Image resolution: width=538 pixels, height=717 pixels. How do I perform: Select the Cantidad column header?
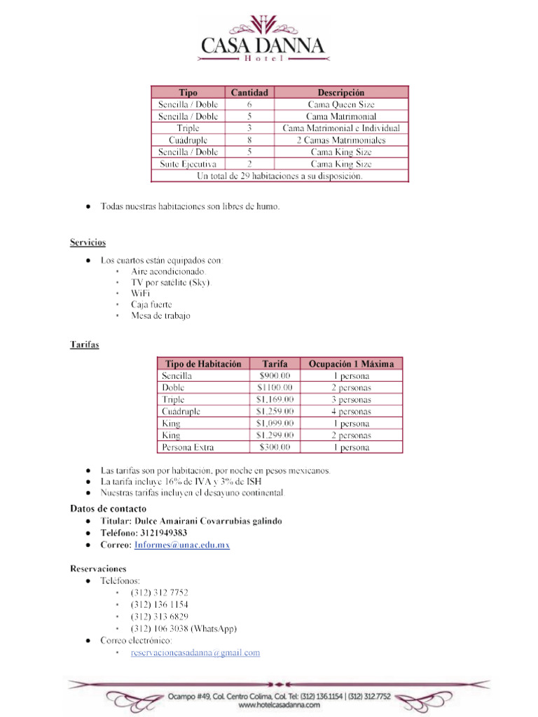pyautogui.click(x=249, y=92)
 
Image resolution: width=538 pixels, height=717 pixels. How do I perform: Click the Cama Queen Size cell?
pyautogui.click(x=341, y=104)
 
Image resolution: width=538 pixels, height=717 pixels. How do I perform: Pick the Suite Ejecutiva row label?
pyautogui.click(x=188, y=164)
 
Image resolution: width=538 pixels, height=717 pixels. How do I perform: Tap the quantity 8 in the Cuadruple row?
pyautogui.click(x=249, y=140)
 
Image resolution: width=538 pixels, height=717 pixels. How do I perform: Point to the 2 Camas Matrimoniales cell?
pyautogui.click(x=341, y=140)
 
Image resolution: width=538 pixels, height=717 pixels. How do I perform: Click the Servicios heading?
pyautogui.click(x=88, y=242)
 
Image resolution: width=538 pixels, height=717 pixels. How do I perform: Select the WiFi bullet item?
pyautogui.click(x=140, y=293)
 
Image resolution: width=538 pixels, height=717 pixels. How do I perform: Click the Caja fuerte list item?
pyautogui.click(x=151, y=305)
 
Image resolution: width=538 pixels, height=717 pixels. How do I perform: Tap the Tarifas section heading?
pyautogui.click(x=84, y=344)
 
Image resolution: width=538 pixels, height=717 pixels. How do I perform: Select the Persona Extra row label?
pyautogui.click(x=188, y=447)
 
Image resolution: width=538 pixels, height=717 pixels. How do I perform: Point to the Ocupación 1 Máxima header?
pyautogui.click(x=351, y=364)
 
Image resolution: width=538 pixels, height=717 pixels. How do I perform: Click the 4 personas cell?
pyautogui.click(x=351, y=412)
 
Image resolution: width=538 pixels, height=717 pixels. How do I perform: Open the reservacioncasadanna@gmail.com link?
pyautogui.click(x=195, y=653)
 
